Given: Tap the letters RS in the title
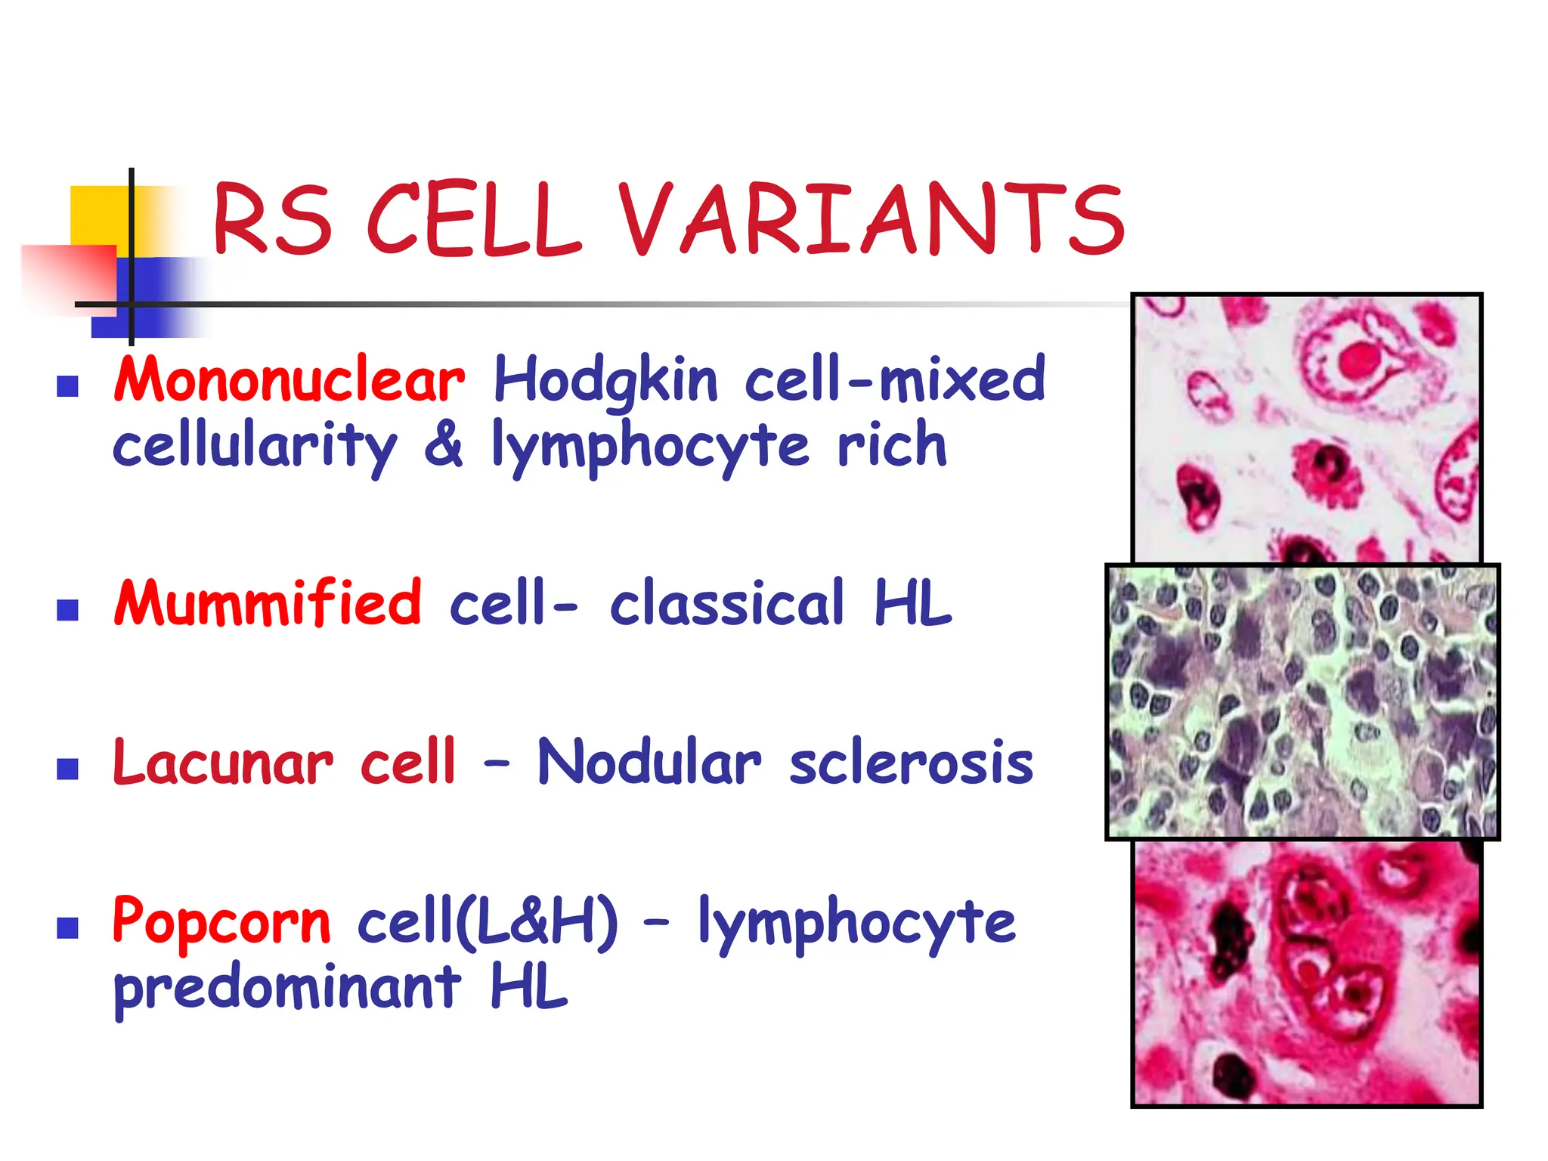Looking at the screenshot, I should (x=273, y=219).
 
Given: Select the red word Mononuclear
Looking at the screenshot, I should (x=289, y=380).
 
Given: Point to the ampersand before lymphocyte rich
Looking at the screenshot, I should (x=444, y=444).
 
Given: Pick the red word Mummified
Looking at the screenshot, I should (x=268, y=602).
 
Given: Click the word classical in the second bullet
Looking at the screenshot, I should (x=726, y=602).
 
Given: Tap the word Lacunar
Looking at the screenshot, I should (x=223, y=762).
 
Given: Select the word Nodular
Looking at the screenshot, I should (x=649, y=762).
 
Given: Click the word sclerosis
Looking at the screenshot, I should (x=911, y=762).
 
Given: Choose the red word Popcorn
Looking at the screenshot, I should (x=221, y=921).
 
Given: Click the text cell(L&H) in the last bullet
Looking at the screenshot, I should (x=488, y=921).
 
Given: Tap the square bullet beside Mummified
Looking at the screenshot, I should (x=68, y=609).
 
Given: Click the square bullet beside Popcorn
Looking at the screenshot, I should (x=68, y=927).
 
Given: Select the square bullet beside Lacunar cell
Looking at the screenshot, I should (x=68, y=769).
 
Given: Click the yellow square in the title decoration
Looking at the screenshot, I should (x=98, y=215).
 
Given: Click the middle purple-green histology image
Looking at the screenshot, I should (x=1302, y=701).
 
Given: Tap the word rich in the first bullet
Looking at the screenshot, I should (x=892, y=444).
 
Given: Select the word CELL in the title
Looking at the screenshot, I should (x=474, y=219).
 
